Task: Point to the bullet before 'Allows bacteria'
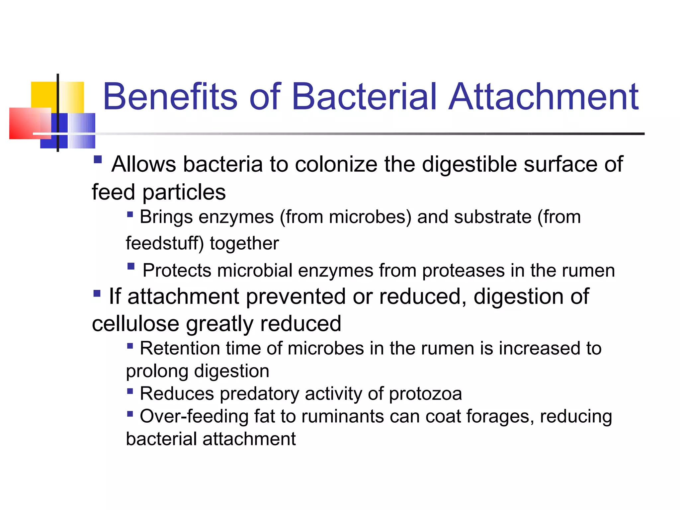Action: click(98, 160)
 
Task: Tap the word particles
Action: click(184, 193)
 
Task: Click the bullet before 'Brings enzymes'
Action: click(130, 214)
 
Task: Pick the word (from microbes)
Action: click(345, 217)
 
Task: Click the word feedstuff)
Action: click(165, 243)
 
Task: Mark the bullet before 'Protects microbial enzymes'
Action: click(131, 266)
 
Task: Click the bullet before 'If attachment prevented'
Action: click(97, 294)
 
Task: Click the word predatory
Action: click(259, 394)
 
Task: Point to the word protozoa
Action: click(425, 394)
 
